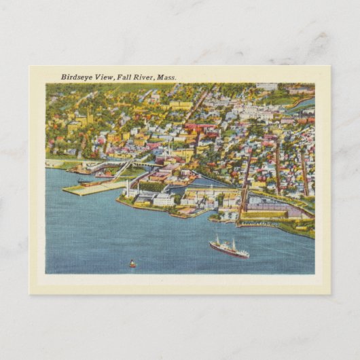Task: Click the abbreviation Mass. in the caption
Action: point(166,77)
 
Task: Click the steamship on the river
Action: point(229,249)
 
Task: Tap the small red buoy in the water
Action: point(132,264)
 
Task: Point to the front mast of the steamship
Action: point(217,240)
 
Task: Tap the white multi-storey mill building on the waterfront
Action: point(163,200)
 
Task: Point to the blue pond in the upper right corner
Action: point(304,104)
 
